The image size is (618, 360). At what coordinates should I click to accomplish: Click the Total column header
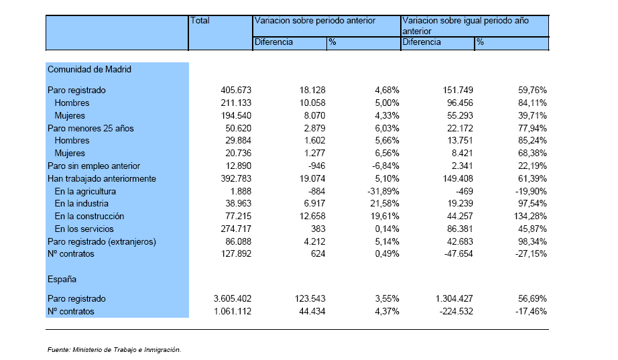click(x=200, y=21)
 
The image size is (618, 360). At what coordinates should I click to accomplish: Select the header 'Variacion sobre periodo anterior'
click(x=315, y=21)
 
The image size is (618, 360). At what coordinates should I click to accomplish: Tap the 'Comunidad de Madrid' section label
click(x=89, y=70)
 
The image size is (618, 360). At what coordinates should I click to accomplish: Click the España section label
click(x=62, y=279)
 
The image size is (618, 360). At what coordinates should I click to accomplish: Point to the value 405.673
click(x=236, y=91)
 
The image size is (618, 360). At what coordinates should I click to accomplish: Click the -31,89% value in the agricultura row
click(x=383, y=191)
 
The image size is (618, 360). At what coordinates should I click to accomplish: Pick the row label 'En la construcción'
click(x=89, y=216)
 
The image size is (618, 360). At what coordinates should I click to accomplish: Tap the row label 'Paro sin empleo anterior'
click(x=94, y=166)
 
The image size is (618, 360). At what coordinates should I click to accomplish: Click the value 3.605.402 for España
click(x=233, y=298)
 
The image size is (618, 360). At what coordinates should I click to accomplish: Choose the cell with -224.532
click(x=456, y=312)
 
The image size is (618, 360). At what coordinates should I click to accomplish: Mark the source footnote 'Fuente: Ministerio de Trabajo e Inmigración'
click(x=115, y=350)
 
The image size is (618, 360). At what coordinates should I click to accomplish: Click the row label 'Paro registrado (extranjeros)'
click(x=102, y=242)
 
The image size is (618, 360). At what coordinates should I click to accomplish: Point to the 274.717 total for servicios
click(x=236, y=229)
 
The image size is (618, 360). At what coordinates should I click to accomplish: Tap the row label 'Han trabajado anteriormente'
click(x=102, y=178)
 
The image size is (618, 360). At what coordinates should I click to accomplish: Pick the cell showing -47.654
click(x=458, y=254)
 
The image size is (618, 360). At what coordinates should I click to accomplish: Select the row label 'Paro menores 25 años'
click(x=90, y=129)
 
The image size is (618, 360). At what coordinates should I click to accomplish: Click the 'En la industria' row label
click(x=82, y=203)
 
